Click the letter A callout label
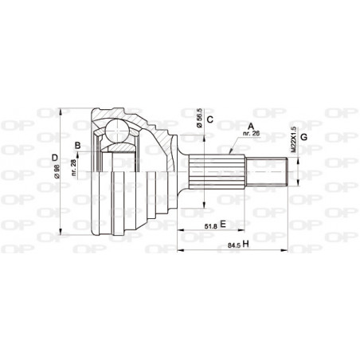coord(251,125)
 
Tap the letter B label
coord(77,144)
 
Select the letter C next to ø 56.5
coord(209,121)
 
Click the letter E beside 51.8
coord(224,224)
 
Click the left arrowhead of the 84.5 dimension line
coord(178,250)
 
